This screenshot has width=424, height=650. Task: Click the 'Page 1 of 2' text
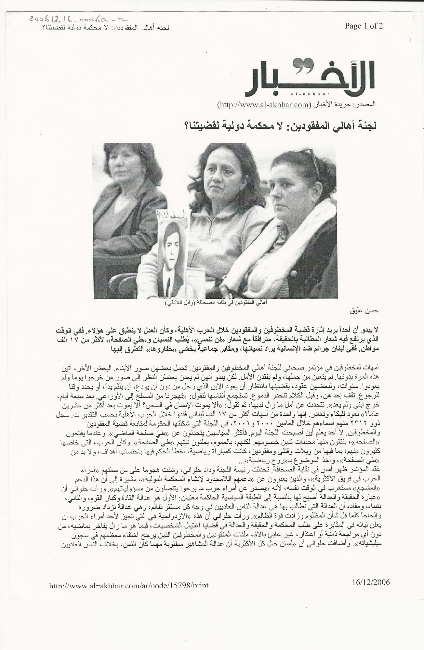coord(364,26)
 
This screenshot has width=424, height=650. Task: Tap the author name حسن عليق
coord(367,310)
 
